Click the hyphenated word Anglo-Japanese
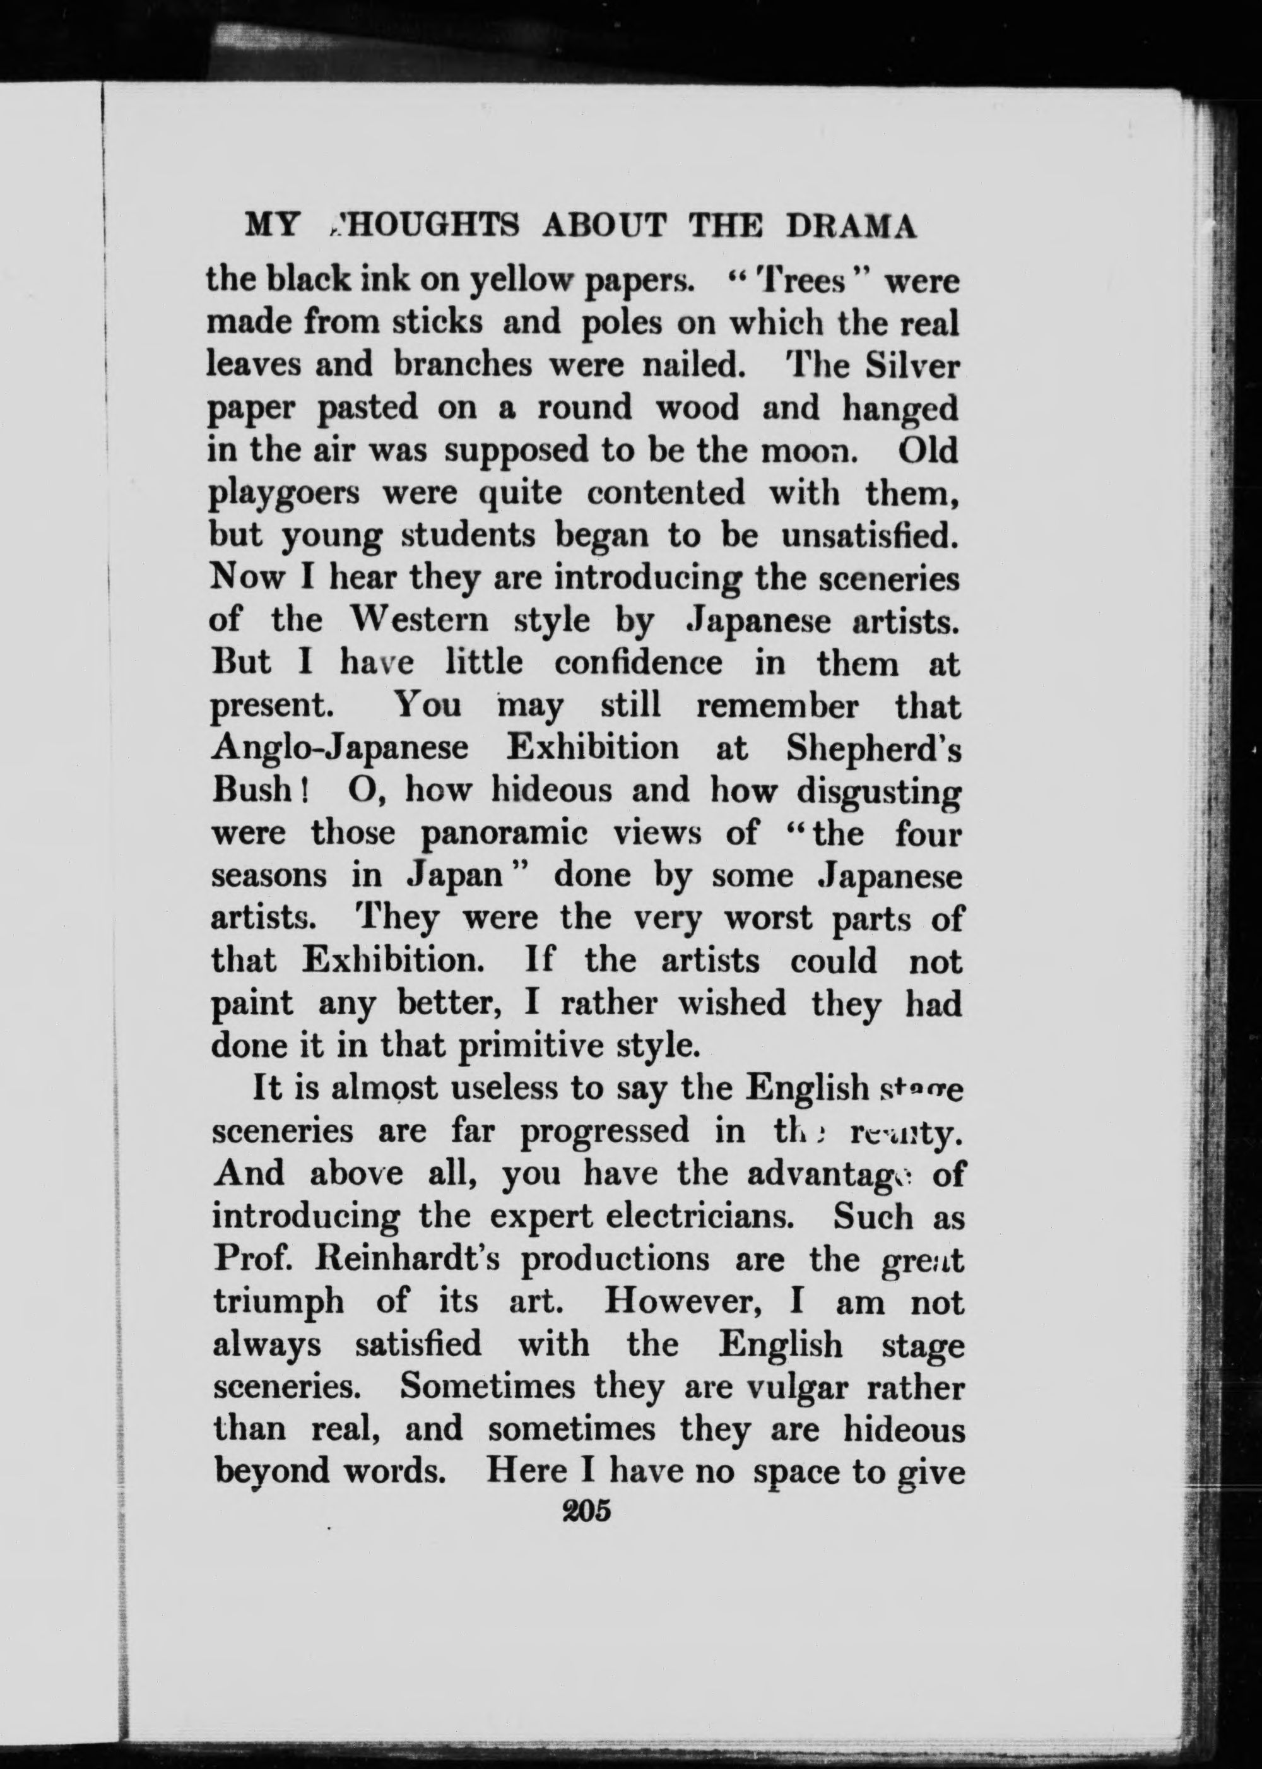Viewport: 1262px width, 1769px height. click(x=340, y=748)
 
